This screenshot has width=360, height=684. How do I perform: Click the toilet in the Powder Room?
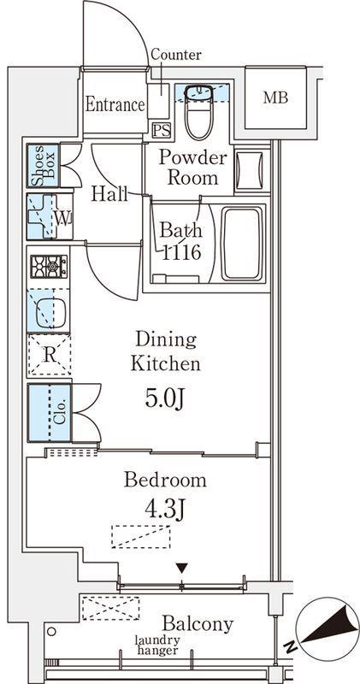coord(199,113)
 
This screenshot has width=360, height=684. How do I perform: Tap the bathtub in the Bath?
coord(243,244)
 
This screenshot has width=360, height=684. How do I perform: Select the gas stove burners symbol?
coord(49,267)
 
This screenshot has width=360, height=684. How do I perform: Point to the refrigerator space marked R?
coord(50,355)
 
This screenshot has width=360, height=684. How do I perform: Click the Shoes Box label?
coord(44,166)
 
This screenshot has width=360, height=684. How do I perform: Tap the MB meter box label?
coord(275,97)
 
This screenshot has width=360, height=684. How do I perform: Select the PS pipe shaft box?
coord(161,130)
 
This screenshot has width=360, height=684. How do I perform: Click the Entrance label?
coord(115,104)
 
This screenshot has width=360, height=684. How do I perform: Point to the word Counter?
coord(176,55)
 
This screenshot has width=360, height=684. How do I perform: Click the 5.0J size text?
coord(165,399)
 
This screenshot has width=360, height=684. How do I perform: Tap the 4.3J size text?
coord(165,509)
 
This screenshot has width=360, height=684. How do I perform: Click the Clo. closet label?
coord(61,413)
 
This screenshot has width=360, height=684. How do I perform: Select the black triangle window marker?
coord(182,568)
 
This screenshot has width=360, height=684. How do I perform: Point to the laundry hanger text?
coord(157,646)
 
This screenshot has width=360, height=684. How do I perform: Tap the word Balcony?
coord(198,625)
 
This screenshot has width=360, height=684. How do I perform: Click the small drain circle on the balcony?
coord(52,631)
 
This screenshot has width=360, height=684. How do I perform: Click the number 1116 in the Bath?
coord(181,251)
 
